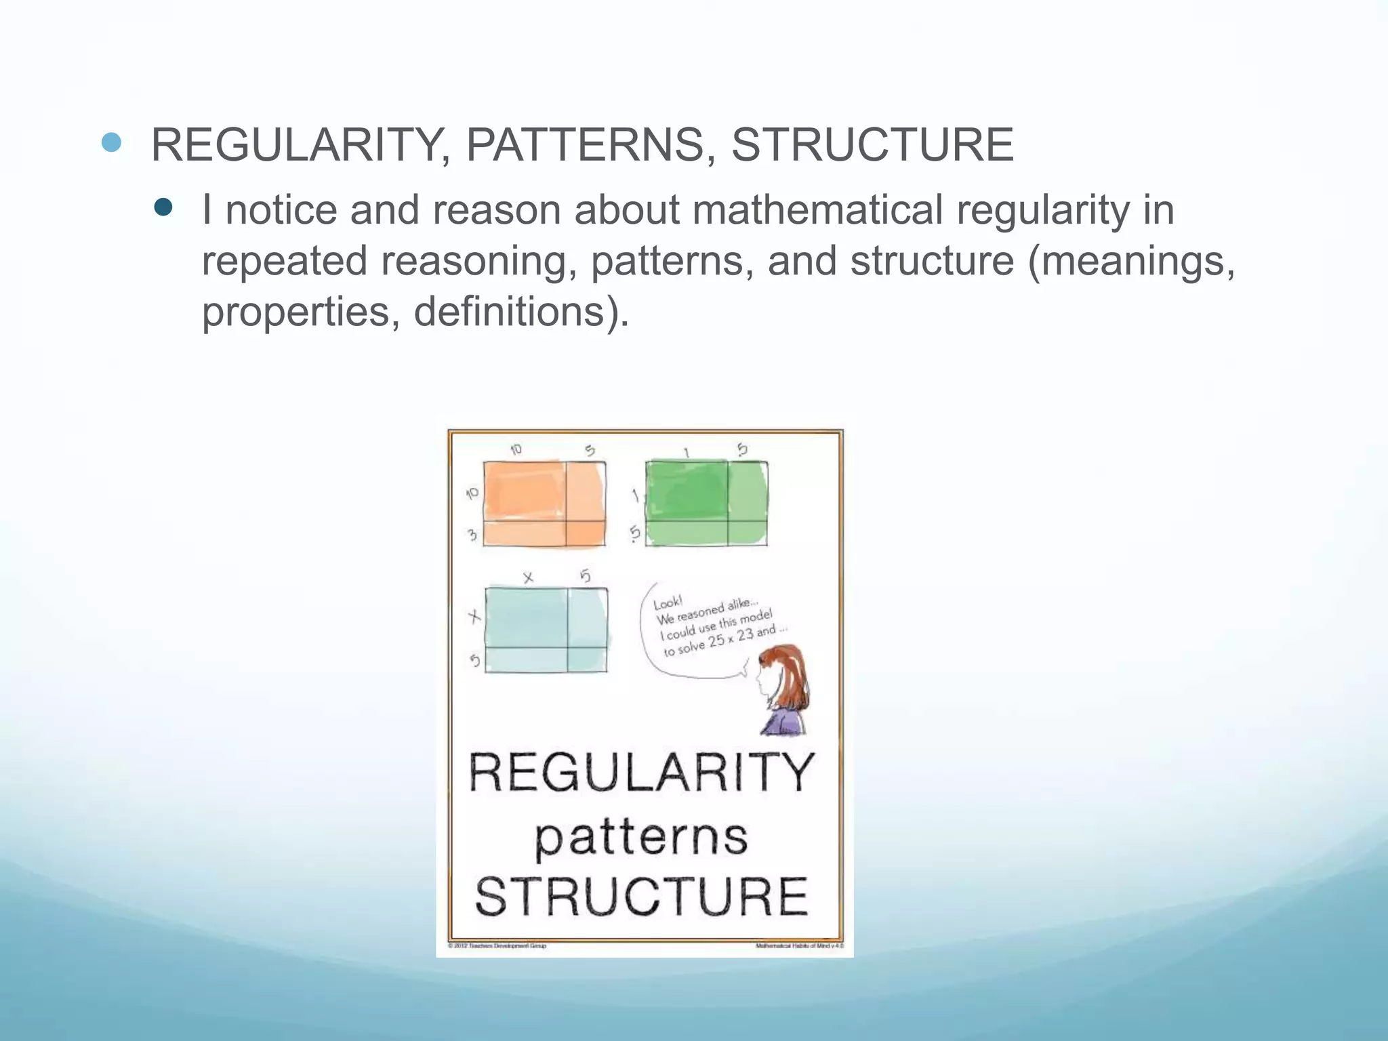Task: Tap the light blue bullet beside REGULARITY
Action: pos(111,142)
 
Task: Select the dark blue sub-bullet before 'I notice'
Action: pos(163,207)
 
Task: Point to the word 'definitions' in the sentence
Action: pos(508,312)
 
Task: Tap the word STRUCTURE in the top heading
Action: pos(872,145)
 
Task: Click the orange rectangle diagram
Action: pos(544,504)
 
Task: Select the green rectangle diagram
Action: pos(706,503)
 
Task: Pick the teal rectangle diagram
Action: pos(546,630)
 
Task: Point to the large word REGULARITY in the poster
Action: pos(641,773)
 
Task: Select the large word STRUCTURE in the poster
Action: pos(641,897)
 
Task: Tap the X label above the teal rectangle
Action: pos(528,577)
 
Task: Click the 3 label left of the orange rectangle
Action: pos(472,535)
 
